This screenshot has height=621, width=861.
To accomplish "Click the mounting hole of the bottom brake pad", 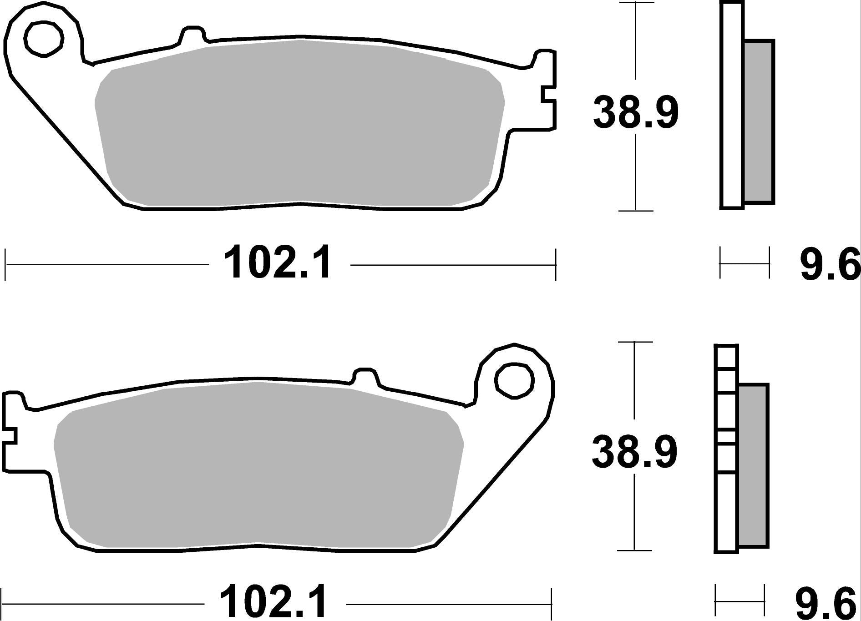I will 514,382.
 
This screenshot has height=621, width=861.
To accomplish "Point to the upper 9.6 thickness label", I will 829,264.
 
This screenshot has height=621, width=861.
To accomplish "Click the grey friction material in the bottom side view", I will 753,465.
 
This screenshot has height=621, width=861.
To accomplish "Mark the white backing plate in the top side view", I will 731,105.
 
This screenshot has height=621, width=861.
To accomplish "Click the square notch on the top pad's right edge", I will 548,101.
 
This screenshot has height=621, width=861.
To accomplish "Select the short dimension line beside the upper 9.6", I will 745,263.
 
